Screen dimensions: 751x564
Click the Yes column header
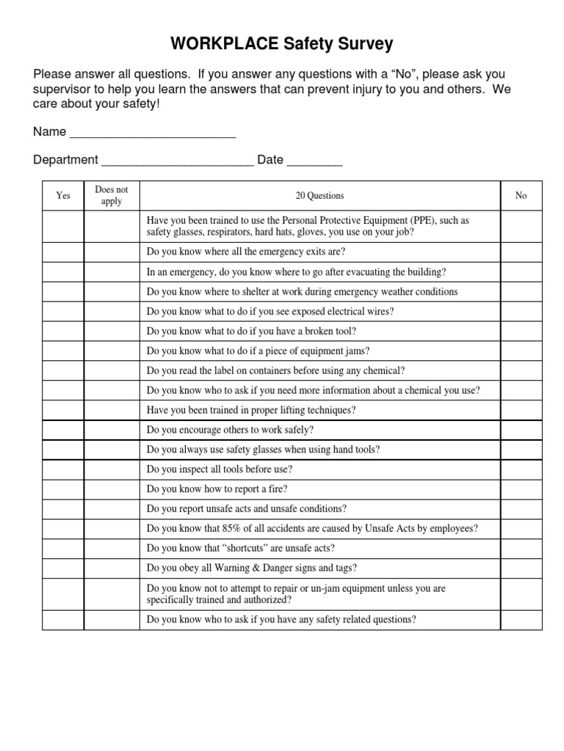click(x=63, y=196)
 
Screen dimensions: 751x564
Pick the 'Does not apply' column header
click(x=112, y=196)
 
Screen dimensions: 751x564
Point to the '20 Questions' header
click(x=319, y=196)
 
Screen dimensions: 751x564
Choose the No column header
click(x=521, y=196)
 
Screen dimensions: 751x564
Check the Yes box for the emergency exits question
click(x=63, y=252)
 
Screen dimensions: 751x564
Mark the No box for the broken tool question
click(x=521, y=331)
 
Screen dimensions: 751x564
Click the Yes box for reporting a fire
click(x=63, y=488)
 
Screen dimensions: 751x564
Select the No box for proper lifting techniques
click(x=521, y=410)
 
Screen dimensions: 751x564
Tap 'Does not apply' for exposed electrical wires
click(x=112, y=311)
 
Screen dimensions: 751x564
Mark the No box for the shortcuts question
click(x=521, y=548)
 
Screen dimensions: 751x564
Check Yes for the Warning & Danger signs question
click(x=63, y=568)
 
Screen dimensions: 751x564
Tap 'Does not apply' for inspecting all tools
click(x=112, y=469)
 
